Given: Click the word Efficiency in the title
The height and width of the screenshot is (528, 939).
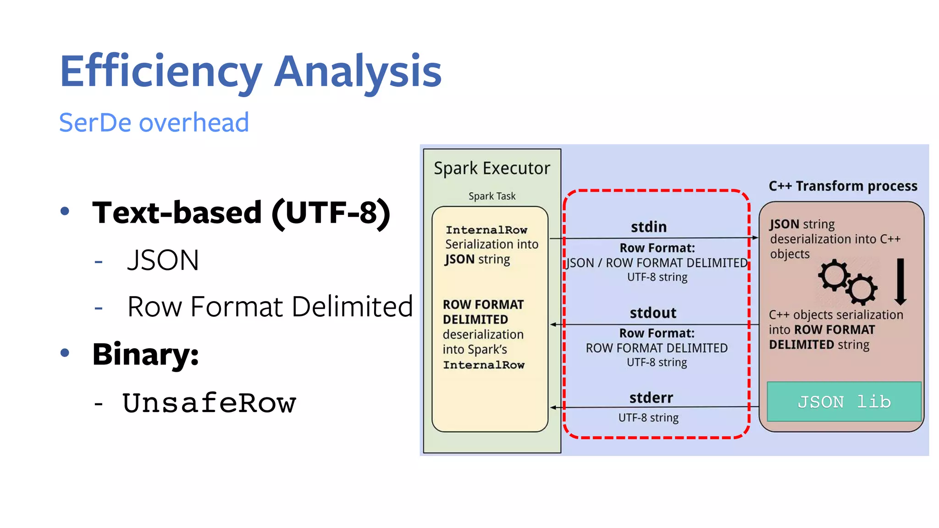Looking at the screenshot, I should pos(160,71).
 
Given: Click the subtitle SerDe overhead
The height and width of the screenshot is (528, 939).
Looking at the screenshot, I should pos(154,123).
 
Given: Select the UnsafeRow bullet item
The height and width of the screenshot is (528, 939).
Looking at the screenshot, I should pos(209,403).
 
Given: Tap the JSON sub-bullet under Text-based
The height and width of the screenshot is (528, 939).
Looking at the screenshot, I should pos(163,260).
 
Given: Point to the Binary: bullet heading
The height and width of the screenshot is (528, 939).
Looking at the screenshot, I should pos(145,354).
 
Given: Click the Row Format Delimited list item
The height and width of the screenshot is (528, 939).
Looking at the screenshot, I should pos(270,307).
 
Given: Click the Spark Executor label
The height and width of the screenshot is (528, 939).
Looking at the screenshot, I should pos(492,169).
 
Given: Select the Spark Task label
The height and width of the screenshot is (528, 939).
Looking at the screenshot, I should pos(492,196).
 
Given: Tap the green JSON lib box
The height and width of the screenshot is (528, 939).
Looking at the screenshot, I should pos(844,402).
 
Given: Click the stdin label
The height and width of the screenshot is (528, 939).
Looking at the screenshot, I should pos(649,227).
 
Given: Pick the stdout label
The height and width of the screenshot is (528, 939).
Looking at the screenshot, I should pos(653,313).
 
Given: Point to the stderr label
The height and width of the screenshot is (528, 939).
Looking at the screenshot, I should pos(651,398).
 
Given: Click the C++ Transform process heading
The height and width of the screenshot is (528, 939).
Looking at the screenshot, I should pos(843,186).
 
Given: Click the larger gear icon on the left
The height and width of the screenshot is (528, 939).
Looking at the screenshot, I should pos(834,275).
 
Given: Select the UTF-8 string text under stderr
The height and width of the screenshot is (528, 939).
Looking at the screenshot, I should pos(648,418).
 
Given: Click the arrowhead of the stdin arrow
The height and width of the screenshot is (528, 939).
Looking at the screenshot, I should pos(755,237).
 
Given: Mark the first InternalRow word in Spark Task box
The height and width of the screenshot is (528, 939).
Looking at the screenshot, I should pos(486,230).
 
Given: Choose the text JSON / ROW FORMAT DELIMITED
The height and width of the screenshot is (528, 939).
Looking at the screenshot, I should pos(657,263).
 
